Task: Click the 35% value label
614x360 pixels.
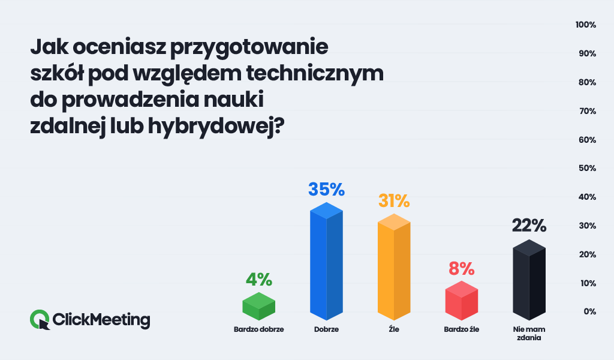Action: point(326,190)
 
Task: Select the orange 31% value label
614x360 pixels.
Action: point(394,200)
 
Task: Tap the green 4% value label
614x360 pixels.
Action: point(258,280)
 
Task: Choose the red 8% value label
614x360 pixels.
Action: point(462,268)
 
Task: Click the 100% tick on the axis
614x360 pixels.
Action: point(585,25)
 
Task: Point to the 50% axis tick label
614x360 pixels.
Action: point(586,169)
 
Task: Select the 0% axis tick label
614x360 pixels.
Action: point(589,311)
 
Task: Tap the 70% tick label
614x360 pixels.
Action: point(586,111)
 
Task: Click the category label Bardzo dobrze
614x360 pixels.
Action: point(258,329)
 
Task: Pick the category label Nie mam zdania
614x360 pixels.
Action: point(529,334)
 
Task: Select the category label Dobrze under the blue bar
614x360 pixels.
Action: point(326,329)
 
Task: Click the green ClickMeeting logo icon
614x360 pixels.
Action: point(40,319)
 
